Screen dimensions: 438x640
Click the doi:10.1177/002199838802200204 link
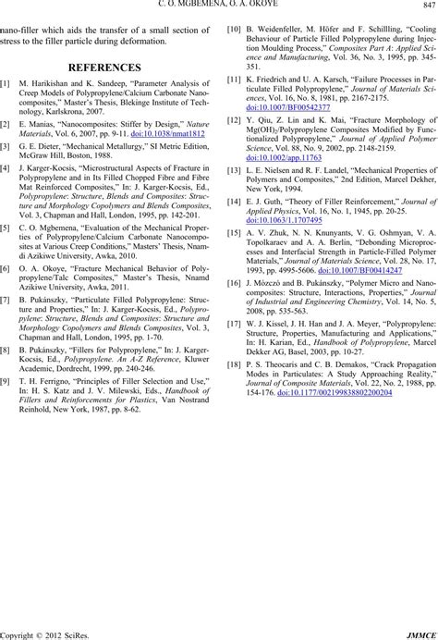click(x=331, y=392)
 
